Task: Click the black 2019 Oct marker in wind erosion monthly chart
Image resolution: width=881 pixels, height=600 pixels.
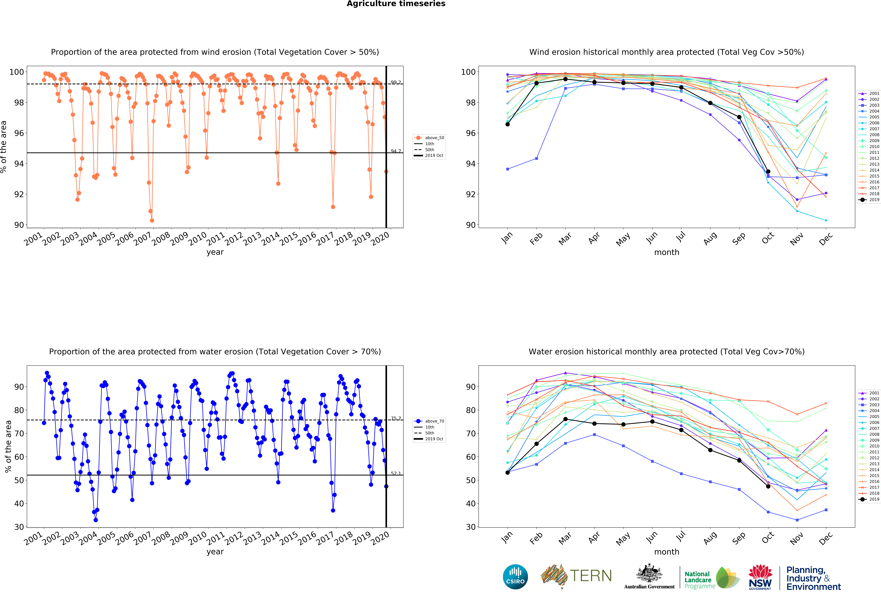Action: point(768,172)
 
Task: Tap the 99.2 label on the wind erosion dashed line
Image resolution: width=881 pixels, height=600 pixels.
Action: point(396,82)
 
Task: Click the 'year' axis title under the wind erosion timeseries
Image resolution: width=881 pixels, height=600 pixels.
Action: point(215,252)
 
